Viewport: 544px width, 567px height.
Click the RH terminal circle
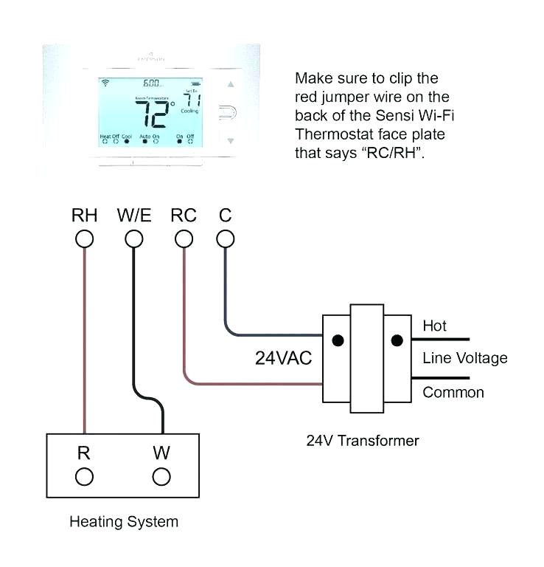point(85,238)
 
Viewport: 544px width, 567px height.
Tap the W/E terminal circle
point(133,238)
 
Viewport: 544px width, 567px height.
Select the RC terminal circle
point(184,238)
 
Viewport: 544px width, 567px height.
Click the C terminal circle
point(226,238)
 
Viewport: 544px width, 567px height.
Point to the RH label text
point(84,216)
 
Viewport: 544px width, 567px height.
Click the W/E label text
point(133,216)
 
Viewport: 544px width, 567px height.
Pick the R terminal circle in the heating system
point(84,476)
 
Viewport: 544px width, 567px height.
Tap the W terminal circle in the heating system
point(161,476)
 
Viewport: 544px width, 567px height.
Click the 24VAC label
point(284,358)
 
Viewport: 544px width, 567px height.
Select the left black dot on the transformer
point(338,341)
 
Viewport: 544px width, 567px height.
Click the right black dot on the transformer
point(397,341)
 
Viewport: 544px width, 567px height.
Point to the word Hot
point(434,326)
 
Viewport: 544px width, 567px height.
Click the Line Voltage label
point(464,358)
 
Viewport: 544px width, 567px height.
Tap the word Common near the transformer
point(453,392)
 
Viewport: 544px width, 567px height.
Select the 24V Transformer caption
point(363,441)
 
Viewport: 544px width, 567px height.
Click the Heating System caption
point(124,522)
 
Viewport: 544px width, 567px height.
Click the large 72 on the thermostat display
point(153,114)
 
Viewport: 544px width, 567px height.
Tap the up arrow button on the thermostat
point(231,85)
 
